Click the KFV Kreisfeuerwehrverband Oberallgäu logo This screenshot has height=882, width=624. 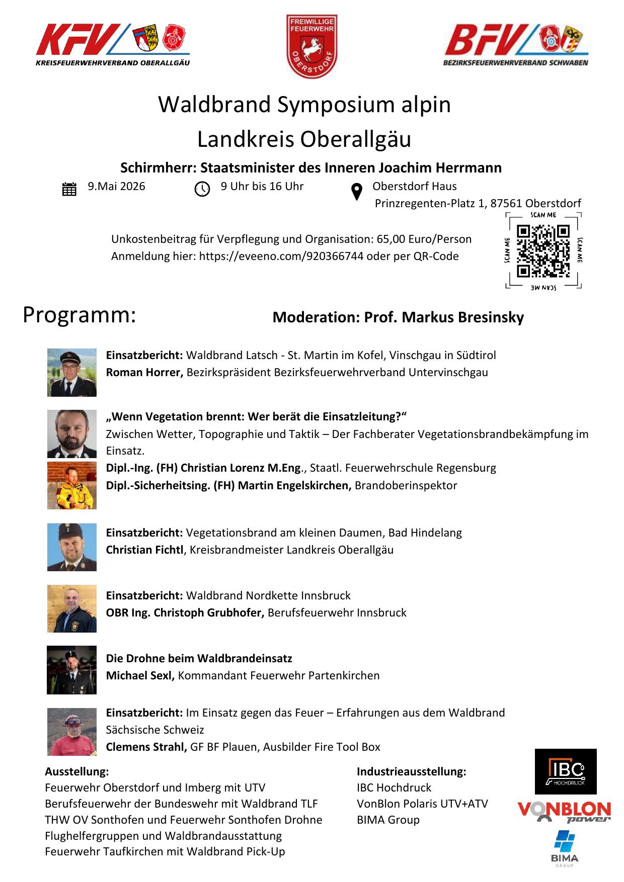coord(113,45)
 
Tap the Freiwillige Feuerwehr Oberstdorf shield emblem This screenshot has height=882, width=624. coord(311,46)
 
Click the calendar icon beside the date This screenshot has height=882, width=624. coord(69,189)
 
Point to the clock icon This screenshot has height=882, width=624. coord(202,189)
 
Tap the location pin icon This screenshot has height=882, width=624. coord(356,192)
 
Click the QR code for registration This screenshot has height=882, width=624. coord(543,251)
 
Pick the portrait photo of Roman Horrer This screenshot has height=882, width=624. coord(72,373)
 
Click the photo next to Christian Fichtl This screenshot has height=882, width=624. coord(72,547)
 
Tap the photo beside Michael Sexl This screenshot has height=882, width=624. coord(72,670)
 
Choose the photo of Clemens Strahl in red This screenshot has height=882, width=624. coord(72,732)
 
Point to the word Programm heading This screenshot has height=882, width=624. coord(80,315)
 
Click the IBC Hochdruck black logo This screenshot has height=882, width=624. coord(566,771)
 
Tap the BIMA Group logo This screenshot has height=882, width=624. coord(564,847)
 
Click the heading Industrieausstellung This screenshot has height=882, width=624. coord(411,771)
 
